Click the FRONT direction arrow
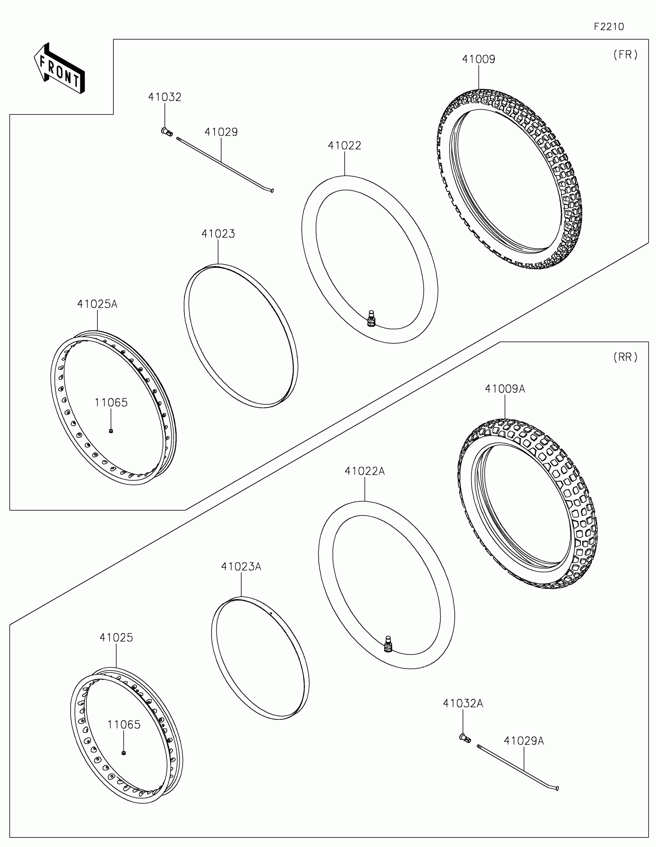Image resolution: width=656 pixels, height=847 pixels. pyautogui.click(x=59, y=69)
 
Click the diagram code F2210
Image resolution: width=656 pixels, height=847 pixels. pyautogui.click(x=609, y=27)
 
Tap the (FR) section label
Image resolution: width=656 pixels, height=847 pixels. pyautogui.click(x=626, y=55)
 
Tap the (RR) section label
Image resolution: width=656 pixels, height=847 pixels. pyautogui.click(x=626, y=357)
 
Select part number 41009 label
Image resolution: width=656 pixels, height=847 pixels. pyautogui.click(x=478, y=59)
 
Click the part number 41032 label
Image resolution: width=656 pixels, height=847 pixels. pyautogui.click(x=164, y=97)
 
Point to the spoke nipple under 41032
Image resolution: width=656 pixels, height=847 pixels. pyautogui.click(x=167, y=132)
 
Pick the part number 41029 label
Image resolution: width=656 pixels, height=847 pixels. pyautogui.click(x=221, y=132)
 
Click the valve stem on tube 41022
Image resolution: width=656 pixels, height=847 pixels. pyautogui.click(x=371, y=319)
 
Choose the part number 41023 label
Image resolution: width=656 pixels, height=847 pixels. pyautogui.click(x=218, y=234)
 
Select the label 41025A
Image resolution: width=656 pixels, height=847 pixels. pyautogui.click(x=97, y=304)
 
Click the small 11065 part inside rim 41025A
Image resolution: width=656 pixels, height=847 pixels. pyautogui.click(x=111, y=431)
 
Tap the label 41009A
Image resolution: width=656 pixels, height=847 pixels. pyautogui.click(x=505, y=389)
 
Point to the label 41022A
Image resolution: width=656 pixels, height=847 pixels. pyautogui.click(x=365, y=471)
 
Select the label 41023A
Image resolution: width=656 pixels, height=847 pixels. pyautogui.click(x=241, y=567)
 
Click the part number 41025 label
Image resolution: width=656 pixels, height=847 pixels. pyautogui.click(x=116, y=638)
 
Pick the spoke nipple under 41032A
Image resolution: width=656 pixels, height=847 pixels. pyautogui.click(x=465, y=738)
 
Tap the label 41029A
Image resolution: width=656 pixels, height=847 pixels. pyautogui.click(x=524, y=741)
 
